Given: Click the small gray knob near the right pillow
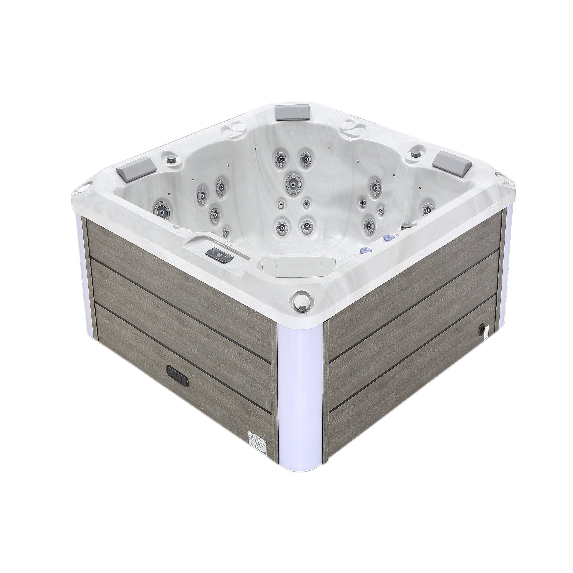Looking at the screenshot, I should [415, 153].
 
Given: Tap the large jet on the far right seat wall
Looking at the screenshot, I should [427, 209].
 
